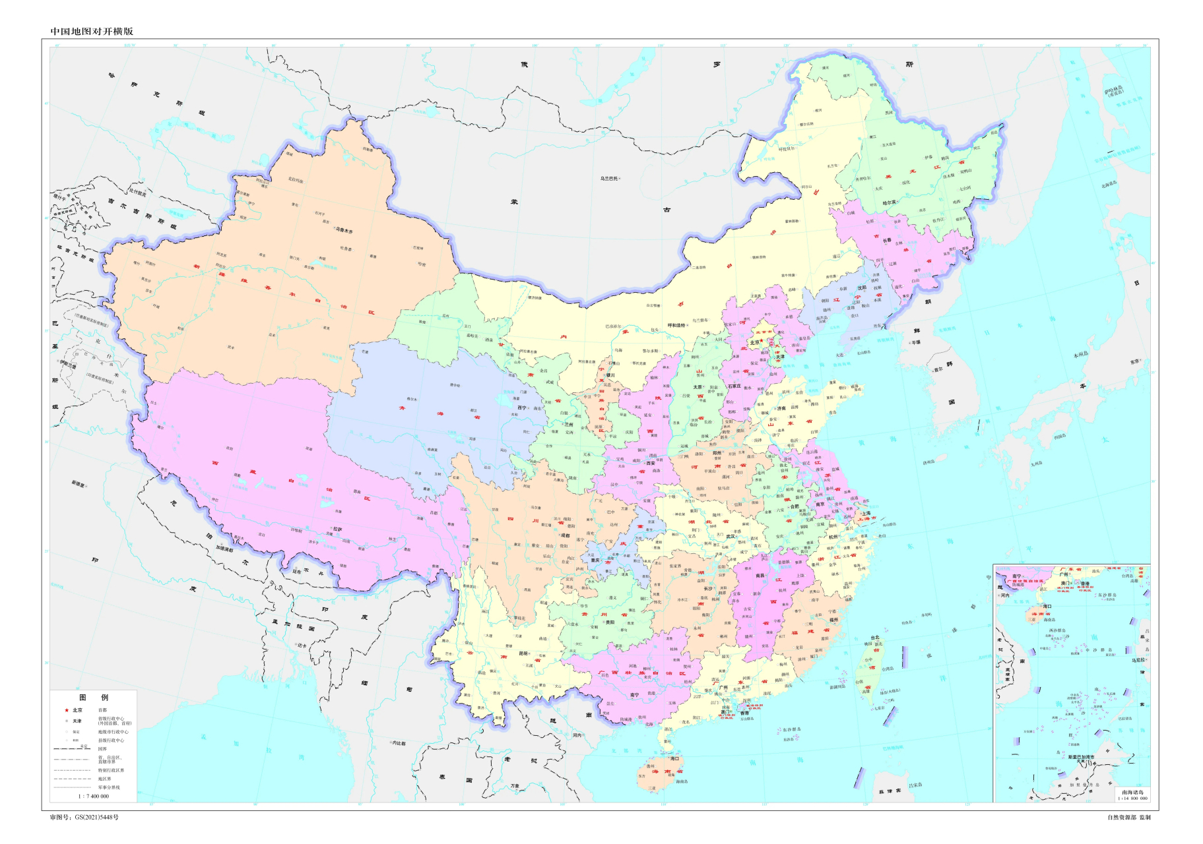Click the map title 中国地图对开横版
click(92, 31)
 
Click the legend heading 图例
click(94, 697)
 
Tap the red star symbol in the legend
click(67, 710)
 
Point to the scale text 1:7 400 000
click(94, 796)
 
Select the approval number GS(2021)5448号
click(84, 817)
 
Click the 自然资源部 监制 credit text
click(1128, 817)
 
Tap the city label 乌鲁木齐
click(344, 231)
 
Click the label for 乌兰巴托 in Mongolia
click(608, 178)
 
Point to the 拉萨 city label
click(337, 529)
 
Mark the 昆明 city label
click(523, 653)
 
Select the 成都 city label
click(564, 535)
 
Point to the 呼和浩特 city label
click(676, 325)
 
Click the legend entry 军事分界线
click(110, 787)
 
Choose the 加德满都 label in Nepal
click(224, 549)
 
